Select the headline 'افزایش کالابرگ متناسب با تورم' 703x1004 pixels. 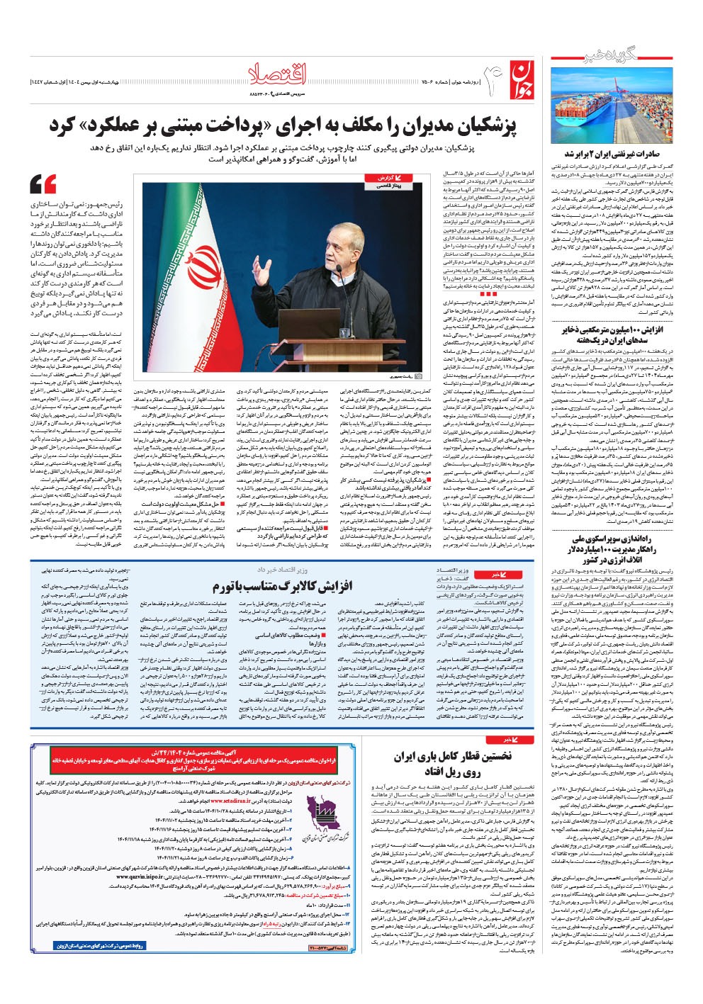(x=282, y=587)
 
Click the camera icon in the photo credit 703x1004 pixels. (x=417, y=377)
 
